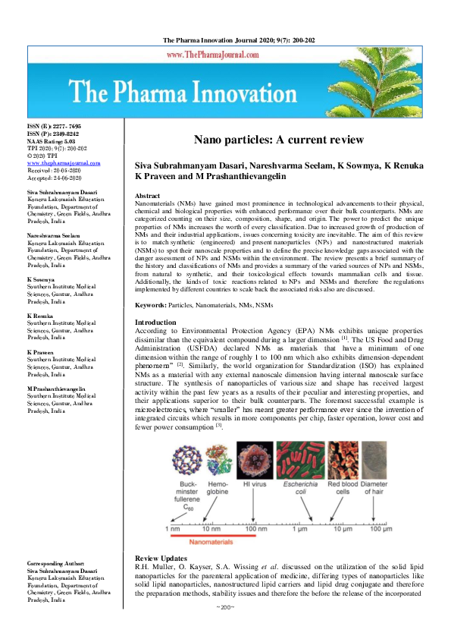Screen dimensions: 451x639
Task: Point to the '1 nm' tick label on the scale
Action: point(174,527)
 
